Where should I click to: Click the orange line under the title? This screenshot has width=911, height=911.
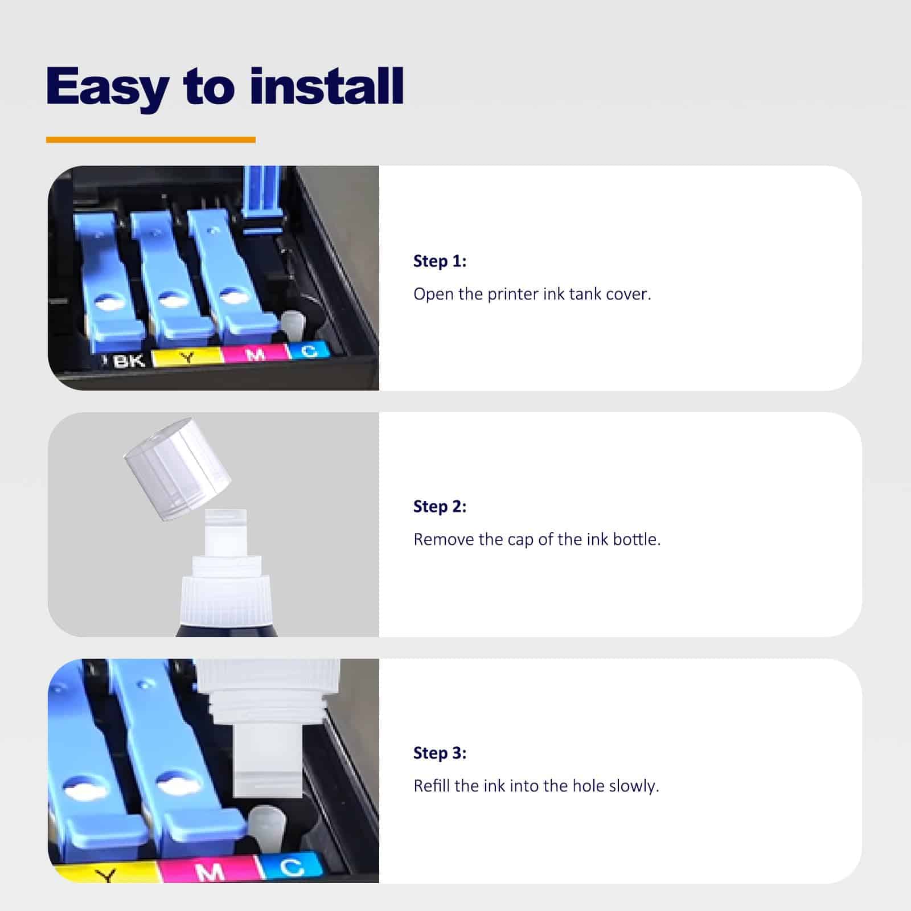[x=151, y=139]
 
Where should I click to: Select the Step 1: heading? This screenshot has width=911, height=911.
[x=440, y=261]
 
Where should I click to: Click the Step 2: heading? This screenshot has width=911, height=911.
[x=440, y=506]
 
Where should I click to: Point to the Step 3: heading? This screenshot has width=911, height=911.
[x=440, y=753]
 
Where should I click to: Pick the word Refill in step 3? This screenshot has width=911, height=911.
[x=432, y=786]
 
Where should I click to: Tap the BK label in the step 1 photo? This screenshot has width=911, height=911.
[x=128, y=360]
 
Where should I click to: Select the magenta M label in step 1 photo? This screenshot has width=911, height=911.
[x=255, y=353]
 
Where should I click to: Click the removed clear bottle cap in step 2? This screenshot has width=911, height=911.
[x=177, y=468]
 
